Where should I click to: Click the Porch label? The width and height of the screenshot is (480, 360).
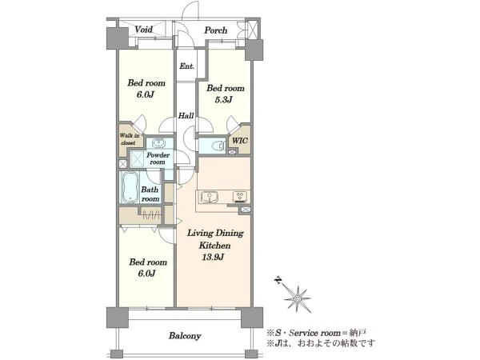coord(216,30)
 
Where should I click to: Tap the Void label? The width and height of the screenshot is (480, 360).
coord(143,30)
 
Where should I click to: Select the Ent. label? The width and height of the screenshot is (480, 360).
coord(186,66)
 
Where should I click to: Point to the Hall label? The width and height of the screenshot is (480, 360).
coord(186,116)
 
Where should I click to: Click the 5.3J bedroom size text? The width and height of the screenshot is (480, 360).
coord(223,99)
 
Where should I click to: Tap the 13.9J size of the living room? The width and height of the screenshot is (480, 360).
coord(213,257)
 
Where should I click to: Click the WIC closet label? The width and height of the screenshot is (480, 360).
coord(240,141)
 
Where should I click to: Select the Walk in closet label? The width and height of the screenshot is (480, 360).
coord(130,139)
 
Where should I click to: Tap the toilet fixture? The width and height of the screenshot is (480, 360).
coord(218,146)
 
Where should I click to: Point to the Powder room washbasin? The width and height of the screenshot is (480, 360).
coord(158,143)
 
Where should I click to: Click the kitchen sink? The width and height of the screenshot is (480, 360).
coord(209,198)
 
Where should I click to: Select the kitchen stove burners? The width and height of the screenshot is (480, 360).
coord(240,196)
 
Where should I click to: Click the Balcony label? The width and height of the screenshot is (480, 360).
coord(185,336)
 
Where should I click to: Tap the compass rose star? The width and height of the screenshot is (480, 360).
coord(298,298)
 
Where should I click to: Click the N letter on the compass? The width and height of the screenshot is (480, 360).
coord(278,281)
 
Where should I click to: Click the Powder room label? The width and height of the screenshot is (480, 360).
coord(158,158)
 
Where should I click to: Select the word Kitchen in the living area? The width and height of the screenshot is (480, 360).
coord(214,246)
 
